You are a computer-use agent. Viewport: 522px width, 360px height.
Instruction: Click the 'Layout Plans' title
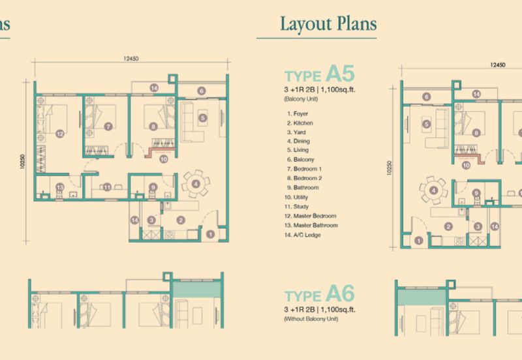click(x=328, y=26)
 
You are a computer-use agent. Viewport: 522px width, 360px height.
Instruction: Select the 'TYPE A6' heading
click(x=316, y=292)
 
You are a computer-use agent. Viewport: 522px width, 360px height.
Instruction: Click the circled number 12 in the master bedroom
click(x=59, y=134)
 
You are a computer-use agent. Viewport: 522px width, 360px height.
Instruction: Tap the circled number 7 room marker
click(x=108, y=126)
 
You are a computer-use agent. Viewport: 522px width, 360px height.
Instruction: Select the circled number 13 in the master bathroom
click(x=59, y=187)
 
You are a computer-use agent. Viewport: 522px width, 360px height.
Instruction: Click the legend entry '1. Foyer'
click(x=297, y=113)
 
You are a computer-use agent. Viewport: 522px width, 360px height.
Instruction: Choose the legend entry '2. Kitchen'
click(x=299, y=123)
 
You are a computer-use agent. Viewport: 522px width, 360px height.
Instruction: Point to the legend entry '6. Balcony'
click(x=299, y=160)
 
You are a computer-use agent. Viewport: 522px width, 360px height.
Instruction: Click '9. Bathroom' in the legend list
click(x=302, y=188)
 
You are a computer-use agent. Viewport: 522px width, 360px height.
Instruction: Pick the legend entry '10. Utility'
click(x=299, y=197)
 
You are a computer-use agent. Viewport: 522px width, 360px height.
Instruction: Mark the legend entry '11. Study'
click(x=298, y=206)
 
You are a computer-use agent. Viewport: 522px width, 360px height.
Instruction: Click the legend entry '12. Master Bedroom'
click(x=310, y=216)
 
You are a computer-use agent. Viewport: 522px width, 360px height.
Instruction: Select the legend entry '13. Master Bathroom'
click(x=311, y=225)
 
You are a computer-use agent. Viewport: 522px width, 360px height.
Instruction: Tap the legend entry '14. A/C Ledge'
click(x=303, y=235)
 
